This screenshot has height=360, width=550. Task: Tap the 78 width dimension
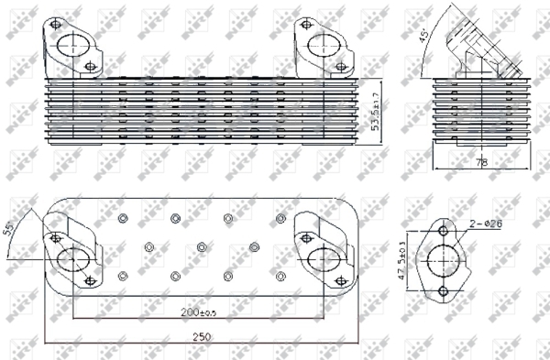click(480, 162)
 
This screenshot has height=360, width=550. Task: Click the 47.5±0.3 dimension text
click(404, 258)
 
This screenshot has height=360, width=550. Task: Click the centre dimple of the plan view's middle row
click(201, 246)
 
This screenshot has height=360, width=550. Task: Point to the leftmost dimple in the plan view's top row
click(123, 218)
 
